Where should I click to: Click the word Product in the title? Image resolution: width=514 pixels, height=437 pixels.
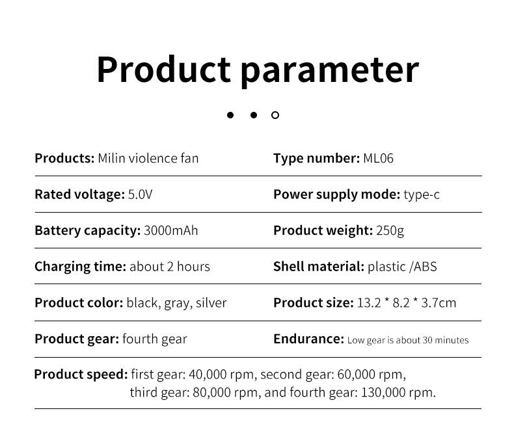click(x=163, y=70)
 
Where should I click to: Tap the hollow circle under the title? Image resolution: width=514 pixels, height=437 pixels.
click(x=275, y=115)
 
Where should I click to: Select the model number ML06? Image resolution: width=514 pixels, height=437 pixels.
click(x=378, y=158)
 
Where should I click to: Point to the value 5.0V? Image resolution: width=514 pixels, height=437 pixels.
click(x=141, y=194)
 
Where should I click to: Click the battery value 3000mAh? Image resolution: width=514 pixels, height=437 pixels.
click(x=170, y=230)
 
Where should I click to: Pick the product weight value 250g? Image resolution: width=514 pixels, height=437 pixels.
click(x=390, y=231)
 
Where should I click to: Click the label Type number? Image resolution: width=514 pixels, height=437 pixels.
click(x=317, y=159)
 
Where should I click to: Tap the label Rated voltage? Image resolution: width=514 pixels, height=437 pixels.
click(x=79, y=194)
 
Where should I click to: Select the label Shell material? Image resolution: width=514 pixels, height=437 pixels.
click(x=319, y=267)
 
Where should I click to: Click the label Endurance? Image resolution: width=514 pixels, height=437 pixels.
click(x=309, y=339)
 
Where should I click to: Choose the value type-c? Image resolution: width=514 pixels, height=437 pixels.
click(x=422, y=195)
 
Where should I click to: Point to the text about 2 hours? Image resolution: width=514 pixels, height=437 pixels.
click(x=170, y=267)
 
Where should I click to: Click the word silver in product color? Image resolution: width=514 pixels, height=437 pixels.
click(x=211, y=302)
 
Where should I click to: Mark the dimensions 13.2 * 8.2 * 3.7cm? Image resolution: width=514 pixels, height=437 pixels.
click(x=407, y=302)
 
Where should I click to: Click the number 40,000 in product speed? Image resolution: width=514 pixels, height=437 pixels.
click(x=208, y=375)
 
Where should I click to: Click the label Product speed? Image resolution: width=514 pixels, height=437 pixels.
click(x=81, y=375)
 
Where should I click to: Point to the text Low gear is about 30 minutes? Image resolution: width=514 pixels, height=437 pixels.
click(x=408, y=340)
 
